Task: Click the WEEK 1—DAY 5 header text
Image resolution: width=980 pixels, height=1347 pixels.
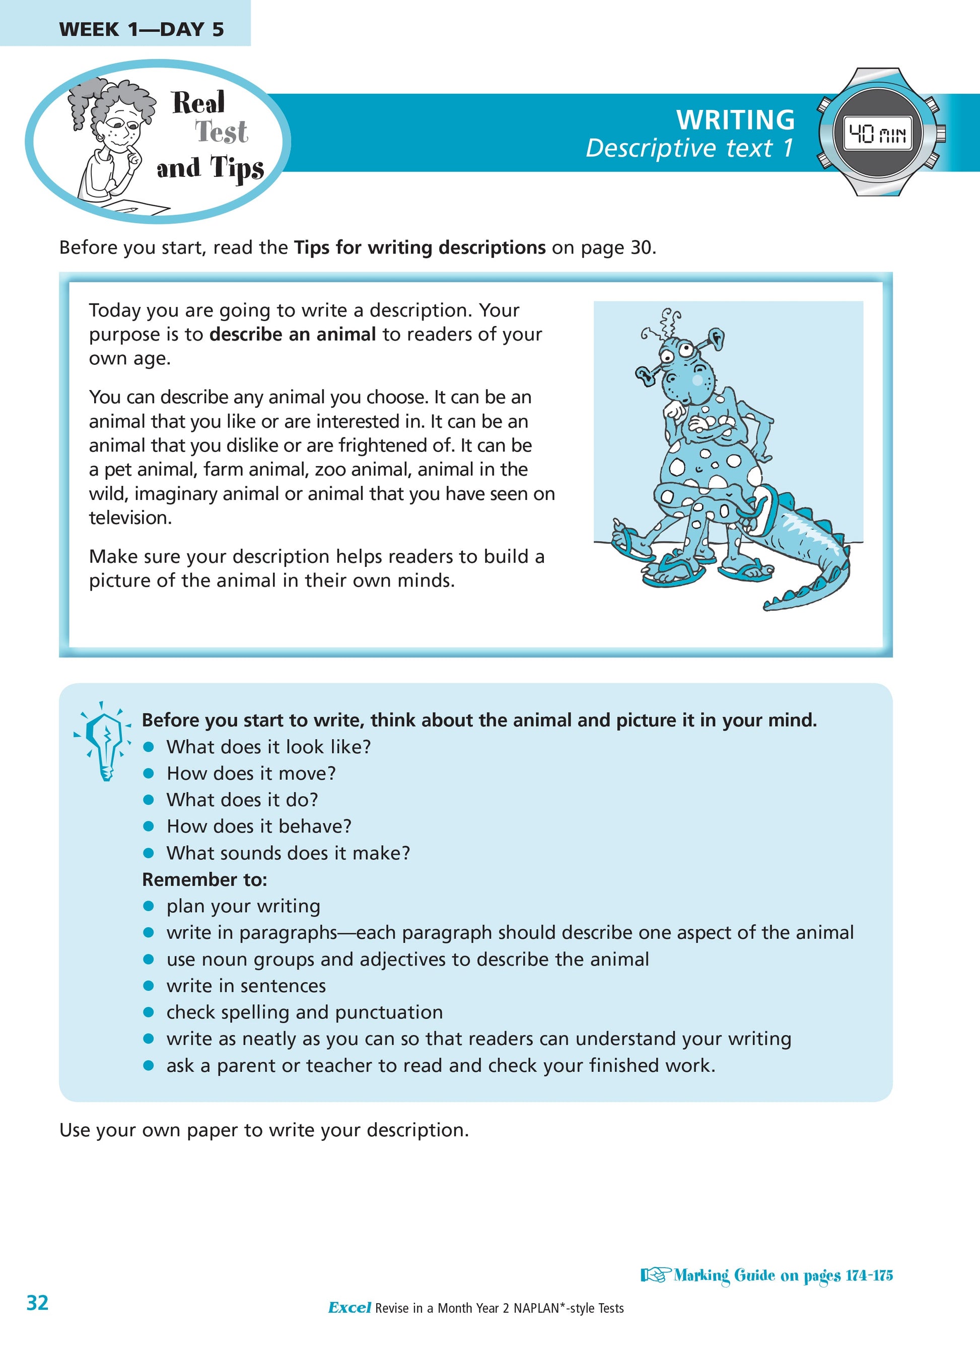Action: coord(142,29)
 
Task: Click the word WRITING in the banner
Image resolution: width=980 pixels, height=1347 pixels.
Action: coord(735,120)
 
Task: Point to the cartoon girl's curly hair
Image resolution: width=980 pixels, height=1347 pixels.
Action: coord(110,97)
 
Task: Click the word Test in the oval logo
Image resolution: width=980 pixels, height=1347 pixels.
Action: coord(222,132)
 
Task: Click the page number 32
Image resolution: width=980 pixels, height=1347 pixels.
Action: coord(37,1303)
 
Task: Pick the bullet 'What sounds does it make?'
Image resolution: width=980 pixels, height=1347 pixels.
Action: coord(288,853)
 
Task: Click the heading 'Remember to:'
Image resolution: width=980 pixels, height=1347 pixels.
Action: coord(204,879)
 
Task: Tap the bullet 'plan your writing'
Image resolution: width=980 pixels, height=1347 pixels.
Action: coord(243,906)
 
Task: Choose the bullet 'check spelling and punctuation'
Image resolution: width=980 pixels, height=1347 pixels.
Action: coord(305,1012)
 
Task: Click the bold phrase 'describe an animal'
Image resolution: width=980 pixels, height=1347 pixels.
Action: coord(293,335)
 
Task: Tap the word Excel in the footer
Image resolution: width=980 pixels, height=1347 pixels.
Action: coord(349,1308)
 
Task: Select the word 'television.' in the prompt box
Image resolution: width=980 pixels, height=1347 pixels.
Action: coord(130,518)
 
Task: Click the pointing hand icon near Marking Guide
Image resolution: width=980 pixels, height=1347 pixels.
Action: coord(654,1275)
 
